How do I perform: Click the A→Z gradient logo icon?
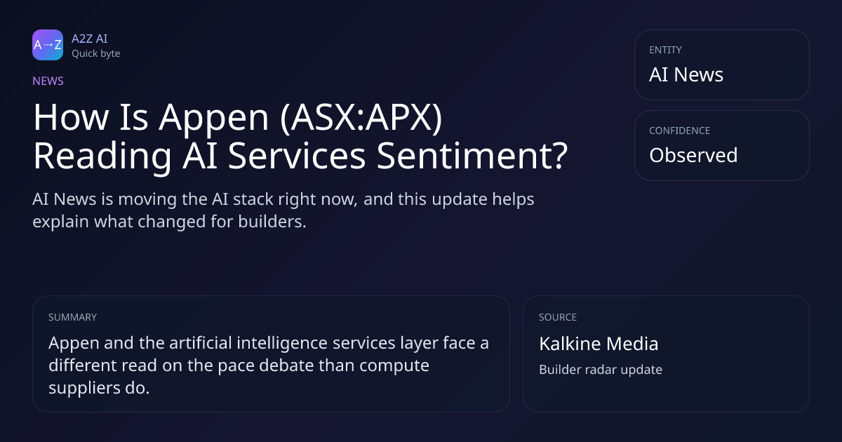click(48, 45)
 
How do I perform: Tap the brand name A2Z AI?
click(90, 39)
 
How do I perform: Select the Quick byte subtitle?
click(96, 54)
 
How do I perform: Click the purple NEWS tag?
click(48, 81)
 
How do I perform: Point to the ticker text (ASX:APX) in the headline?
click(361, 118)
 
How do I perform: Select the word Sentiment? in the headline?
click(472, 156)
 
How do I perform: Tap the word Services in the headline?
click(297, 156)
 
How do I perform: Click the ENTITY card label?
click(665, 50)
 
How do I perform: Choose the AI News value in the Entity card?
click(686, 74)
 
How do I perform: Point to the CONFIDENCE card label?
click(680, 130)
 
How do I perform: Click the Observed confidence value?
click(693, 155)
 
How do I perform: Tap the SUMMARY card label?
click(72, 317)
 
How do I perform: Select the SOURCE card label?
click(558, 317)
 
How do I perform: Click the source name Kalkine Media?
click(599, 344)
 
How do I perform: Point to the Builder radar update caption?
click(601, 370)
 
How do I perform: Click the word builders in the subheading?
click(272, 222)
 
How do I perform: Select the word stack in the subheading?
click(253, 199)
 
